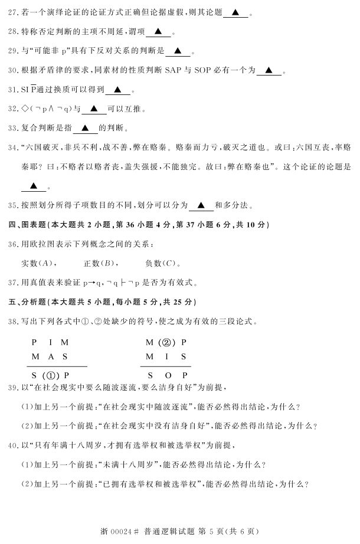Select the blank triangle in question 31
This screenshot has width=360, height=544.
pos(117,90)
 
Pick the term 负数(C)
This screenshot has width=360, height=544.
pos(160,263)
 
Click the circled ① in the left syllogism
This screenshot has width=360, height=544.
pos(50,374)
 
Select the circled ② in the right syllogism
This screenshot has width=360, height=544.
pos(166,342)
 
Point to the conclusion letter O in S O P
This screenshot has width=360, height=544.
pos(167,374)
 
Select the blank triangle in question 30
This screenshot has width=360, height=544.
pos(269,71)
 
